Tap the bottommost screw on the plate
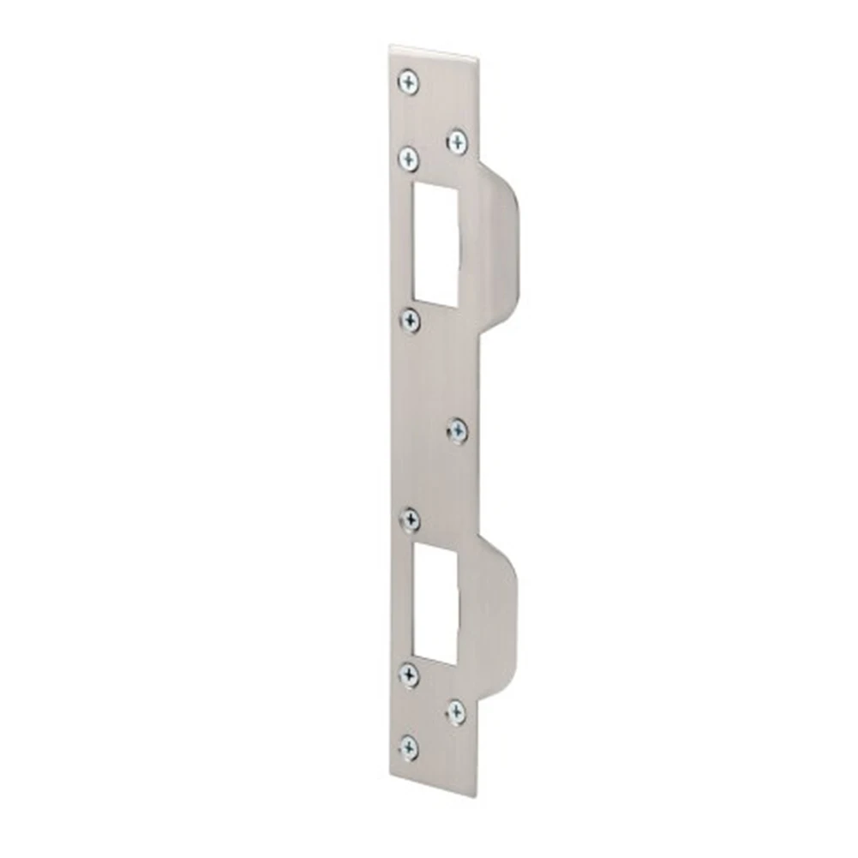[x=410, y=747]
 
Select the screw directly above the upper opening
[x=409, y=157]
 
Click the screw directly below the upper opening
[x=411, y=321]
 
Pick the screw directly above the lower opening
[x=411, y=519]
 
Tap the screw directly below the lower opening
[x=409, y=675]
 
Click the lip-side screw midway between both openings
[x=458, y=431]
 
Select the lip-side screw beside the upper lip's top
[x=457, y=141]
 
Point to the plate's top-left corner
[x=390, y=46]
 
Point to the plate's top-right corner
[x=477, y=60]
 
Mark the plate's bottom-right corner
[x=477, y=796]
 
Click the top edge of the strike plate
[x=434, y=53]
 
